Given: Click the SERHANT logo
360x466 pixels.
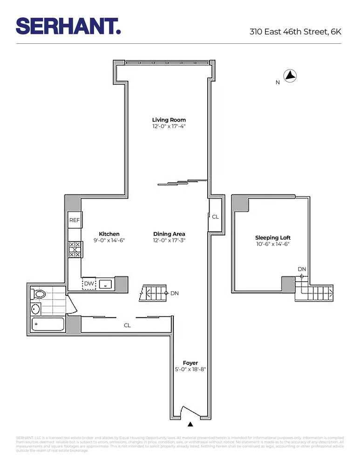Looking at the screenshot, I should point(68,26).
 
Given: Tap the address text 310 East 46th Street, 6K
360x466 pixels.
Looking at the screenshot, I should point(295,32).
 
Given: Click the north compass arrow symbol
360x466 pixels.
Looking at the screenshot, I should point(290,75).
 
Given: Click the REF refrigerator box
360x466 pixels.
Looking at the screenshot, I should point(75,220).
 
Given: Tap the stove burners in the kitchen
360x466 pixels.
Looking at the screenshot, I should point(75,249).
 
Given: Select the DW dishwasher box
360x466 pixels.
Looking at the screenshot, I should point(88,283).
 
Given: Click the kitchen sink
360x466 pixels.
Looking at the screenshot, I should point(106,284).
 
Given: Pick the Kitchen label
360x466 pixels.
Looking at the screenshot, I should point(109,234).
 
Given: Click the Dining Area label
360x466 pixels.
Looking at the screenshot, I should point(169,234).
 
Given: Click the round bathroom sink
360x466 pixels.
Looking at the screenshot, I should point(35,308).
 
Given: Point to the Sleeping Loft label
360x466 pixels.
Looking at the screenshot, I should point(273,238).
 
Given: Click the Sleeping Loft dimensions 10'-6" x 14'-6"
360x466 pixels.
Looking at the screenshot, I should point(273,244).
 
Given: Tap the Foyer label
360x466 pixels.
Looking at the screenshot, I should point(190,363).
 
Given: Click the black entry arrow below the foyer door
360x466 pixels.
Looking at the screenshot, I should point(190,424).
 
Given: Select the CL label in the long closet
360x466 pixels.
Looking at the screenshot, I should point(127,325).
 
